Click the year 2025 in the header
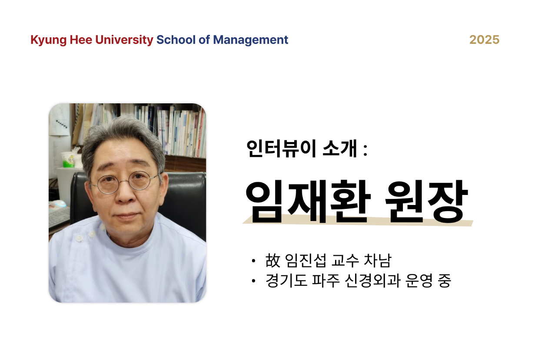click(484, 40)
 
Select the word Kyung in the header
click(49, 40)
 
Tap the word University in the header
click(124, 40)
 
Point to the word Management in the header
click(250, 40)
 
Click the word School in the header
click(176, 40)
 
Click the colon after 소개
click(365, 151)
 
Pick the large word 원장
click(427, 201)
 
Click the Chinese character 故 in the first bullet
click(273, 261)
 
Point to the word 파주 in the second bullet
click(326, 281)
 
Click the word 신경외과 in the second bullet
click(372, 281)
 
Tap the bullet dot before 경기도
click(253, 281)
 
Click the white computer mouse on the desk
click(59, 204)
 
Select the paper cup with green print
click(69, 160)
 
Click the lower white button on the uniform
click(79, 238)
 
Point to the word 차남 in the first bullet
click(378, 261)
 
